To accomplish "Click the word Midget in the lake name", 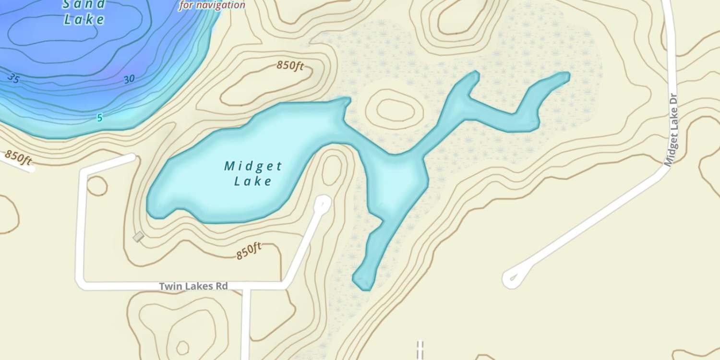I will point(253,167).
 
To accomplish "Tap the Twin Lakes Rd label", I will point(193,286).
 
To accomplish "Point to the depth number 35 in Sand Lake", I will point(13,78).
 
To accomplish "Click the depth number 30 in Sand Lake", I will point(129,80).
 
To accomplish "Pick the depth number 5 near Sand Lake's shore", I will point(99,118).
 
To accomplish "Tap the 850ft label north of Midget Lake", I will point(290,66).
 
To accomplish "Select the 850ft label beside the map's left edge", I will point(18,157).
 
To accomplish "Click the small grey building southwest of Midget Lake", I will point(138,237).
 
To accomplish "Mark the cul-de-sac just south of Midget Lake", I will point(323,203).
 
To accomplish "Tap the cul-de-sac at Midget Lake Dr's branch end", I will point(512,278).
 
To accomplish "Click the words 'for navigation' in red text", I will point(212,6).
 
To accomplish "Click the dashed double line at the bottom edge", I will point(420,349).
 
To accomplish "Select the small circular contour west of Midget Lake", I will point(97,186).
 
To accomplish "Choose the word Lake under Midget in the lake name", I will point(253,181).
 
